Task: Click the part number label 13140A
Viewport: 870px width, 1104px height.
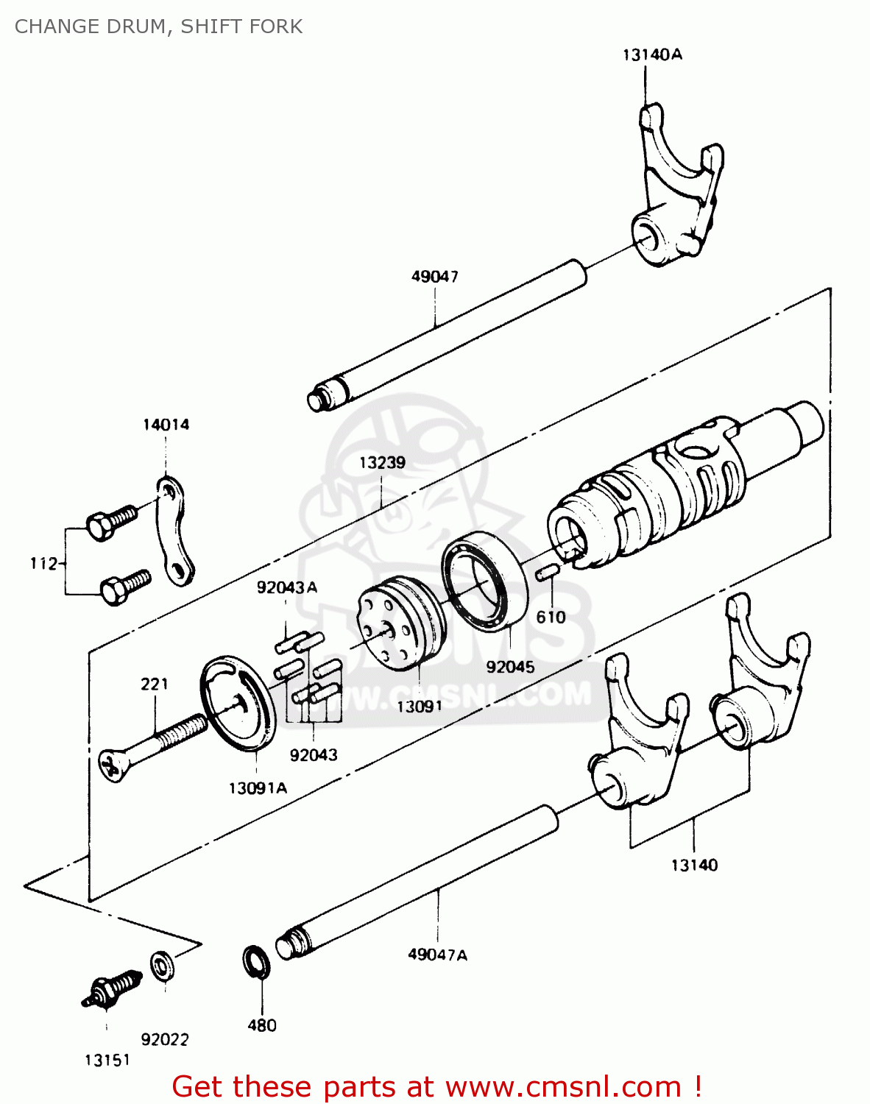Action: coord(652,54)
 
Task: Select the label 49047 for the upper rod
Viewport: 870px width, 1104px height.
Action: coord(434,277)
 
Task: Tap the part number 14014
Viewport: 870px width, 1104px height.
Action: coord(166,425)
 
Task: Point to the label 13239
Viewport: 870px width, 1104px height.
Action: coord(382,463)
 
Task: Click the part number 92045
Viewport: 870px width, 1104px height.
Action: coord(510,667)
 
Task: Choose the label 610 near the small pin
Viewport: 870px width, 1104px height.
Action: coord(551,617)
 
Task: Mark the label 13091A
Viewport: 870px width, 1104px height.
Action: coord(258,788)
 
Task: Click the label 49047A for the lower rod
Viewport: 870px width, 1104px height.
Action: coord(437,955)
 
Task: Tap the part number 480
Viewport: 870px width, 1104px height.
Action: coord(262,1025)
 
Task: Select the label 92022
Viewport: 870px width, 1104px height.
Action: coord(165,1039)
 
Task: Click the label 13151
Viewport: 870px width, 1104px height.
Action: coord(107,1060)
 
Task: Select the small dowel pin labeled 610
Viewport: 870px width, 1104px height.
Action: coord(548,573)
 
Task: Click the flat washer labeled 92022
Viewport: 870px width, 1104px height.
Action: coord(163,966)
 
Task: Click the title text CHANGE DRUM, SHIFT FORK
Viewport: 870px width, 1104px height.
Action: coord(158,26)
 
